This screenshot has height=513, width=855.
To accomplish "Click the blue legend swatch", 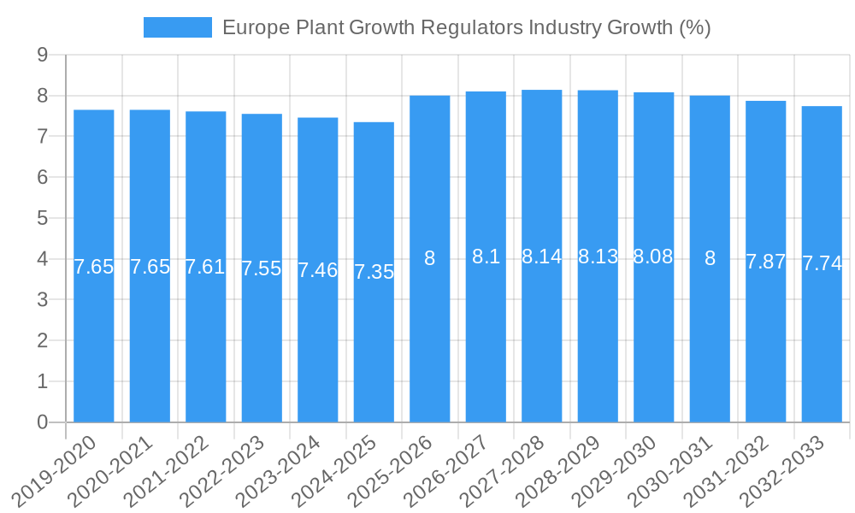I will click(x=177, y=27).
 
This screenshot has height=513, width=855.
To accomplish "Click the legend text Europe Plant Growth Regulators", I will click(x=466, y=27).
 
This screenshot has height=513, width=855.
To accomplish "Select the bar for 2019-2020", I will click(x=94, y=266).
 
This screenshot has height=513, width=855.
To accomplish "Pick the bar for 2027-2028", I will click(x=542, y=256).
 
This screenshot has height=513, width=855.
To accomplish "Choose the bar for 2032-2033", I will click(x=822, y=264).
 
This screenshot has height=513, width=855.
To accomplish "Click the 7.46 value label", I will click(x=318, y=271).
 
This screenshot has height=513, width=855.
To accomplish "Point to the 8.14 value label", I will click(x=542, y=256).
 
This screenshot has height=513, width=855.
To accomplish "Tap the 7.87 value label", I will click(x=765, y=262).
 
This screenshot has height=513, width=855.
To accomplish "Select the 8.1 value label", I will click(x=486, y=256).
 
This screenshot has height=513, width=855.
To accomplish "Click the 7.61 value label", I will click(x=206, y=267).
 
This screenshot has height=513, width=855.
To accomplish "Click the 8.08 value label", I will click(x=653, y=256).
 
